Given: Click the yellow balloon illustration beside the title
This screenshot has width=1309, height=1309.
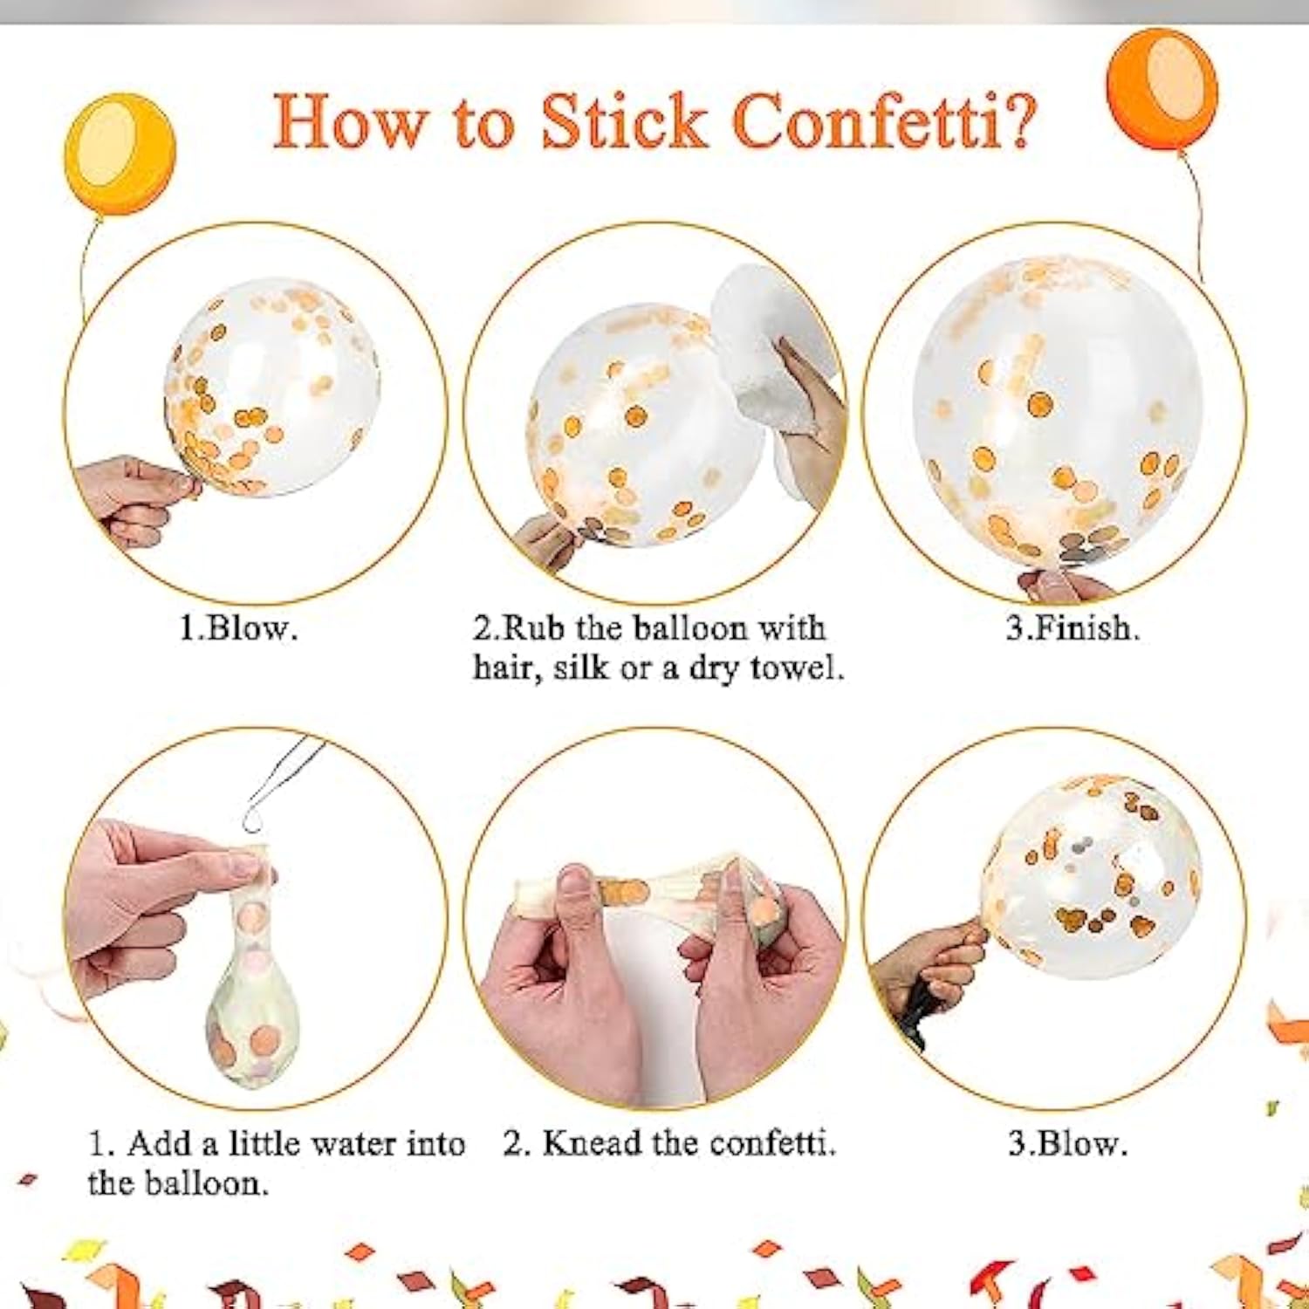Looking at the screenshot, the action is (120, 154).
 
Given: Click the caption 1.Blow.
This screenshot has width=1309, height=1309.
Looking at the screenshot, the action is (238, 628).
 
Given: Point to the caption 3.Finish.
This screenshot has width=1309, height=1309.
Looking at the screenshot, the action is (1073, 628).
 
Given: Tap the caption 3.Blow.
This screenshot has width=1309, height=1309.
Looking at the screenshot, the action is (1067, 1143).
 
